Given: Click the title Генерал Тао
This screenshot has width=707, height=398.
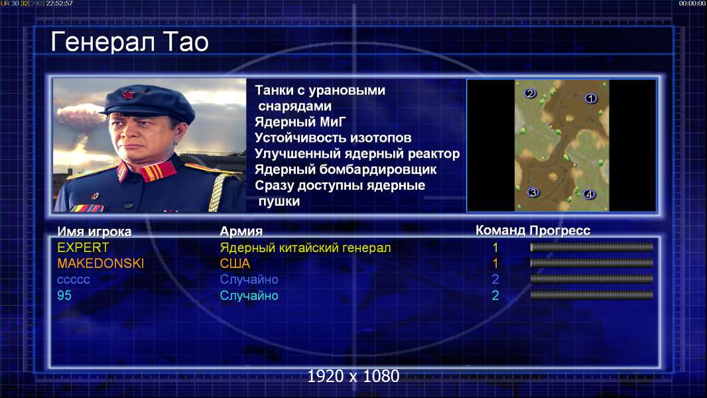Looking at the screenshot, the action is [x=129, y=42].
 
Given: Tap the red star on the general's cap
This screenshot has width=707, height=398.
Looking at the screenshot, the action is [x=128, y=95].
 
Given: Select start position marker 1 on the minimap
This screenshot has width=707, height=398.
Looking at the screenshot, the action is [x=591, y=98].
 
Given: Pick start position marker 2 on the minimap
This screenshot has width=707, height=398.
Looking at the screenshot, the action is [x=530, y=94].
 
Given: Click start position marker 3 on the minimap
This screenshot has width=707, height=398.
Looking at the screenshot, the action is [x=533, y=192].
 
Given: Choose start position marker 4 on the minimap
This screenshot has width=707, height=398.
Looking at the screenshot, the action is [x=589, y=194].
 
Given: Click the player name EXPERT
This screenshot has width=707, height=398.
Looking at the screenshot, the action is [x=83, y=247].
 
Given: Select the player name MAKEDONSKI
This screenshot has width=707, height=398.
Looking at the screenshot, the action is [x=101, y=263].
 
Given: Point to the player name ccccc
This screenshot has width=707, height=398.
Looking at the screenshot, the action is [x=74, y=280].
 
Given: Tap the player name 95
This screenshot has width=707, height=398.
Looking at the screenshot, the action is [x=64, y=295].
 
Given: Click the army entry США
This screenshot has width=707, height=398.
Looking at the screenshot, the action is [x=235, y=263].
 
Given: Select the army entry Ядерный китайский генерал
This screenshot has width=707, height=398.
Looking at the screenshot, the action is [x=305, y=248].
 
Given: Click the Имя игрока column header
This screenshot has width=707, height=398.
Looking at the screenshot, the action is [x=94, y=232].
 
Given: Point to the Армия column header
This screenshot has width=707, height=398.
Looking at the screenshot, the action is [x=241, y=232].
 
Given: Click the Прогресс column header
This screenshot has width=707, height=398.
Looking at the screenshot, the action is [x=560, y=231].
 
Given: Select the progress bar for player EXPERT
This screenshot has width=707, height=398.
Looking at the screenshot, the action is [x=592, y=247].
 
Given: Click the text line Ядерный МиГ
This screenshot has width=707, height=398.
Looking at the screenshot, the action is [x=300, y=121].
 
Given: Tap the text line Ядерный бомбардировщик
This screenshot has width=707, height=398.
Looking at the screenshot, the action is [x=346, y=169].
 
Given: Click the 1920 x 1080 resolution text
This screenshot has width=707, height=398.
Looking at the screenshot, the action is [x=353, y=376].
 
